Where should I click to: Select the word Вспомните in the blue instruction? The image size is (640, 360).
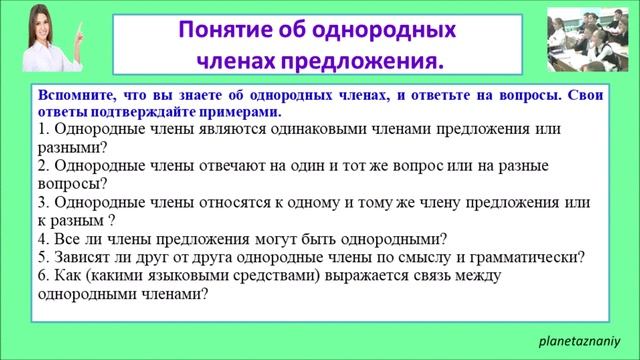[x=71, y=95]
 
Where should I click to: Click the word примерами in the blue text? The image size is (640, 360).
[x=237, y=112]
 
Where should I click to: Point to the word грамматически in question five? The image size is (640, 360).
[x=524, y=256]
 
